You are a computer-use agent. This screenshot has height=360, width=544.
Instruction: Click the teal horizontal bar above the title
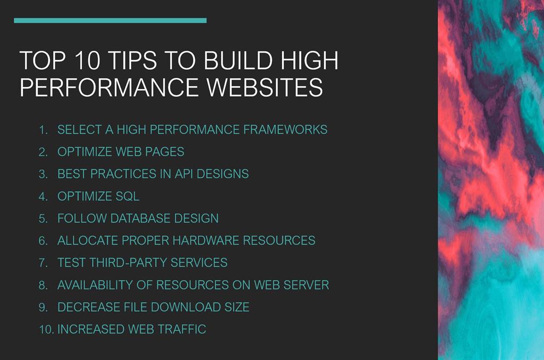[x=110, y=21]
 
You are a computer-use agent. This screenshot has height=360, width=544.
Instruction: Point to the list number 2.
[x=43, y=152]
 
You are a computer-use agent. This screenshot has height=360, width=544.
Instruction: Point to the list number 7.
[x=43, y=263]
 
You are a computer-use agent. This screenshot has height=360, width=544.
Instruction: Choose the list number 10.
[x=45, y=330]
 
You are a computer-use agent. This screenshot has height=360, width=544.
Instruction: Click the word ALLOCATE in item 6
[x=87, y=241]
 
